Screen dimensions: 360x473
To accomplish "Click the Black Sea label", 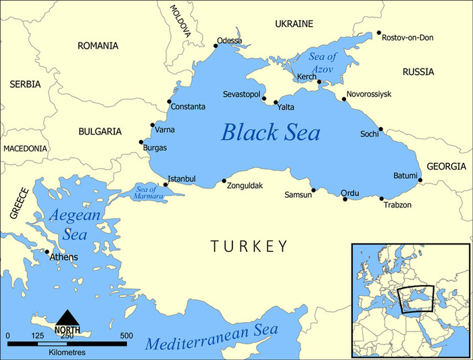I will [x=270, y=132].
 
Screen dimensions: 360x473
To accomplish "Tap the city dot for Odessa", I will [x=216, y=46].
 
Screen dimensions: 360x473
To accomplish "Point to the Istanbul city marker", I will [x=166, y=184].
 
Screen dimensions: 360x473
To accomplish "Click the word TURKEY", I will [x=249, y=247].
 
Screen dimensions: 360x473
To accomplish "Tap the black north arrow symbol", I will [x=66, y=319].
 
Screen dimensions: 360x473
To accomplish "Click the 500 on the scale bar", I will [x=126, y=336].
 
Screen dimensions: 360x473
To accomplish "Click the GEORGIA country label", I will [x=445, y=166].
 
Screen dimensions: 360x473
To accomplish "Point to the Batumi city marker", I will [x=420, y=180].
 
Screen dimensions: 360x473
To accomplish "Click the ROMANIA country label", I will [x=98, y=46].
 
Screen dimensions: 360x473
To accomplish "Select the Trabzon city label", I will [x=397, y=205].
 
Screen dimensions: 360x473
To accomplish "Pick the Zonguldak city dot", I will [x=224, y=181].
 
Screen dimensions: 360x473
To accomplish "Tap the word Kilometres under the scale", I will [x=66, y=353].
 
